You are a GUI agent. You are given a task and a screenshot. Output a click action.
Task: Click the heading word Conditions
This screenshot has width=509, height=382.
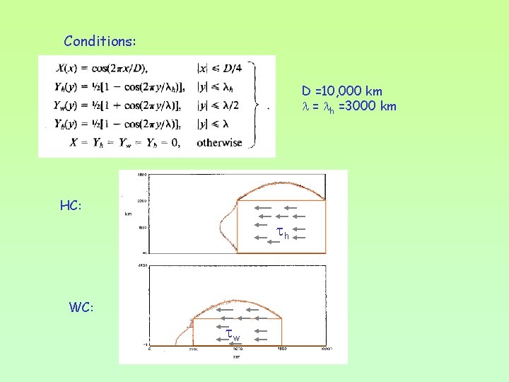point(100,41)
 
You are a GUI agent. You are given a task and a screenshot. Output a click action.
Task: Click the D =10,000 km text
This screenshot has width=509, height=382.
point(342,91)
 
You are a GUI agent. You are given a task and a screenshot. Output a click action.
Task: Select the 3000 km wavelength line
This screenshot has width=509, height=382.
point(349,107)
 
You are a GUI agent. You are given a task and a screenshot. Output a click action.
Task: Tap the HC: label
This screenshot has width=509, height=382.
point(71,206)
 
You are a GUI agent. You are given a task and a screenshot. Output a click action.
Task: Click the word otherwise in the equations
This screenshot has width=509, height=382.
point(219,142)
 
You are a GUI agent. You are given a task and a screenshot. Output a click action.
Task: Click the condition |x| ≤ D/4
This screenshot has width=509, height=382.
point(221,68)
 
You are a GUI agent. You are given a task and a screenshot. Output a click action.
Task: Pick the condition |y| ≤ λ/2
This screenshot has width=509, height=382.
point(221,105)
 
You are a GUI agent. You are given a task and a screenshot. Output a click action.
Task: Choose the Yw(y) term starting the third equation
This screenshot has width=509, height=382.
point(64,105)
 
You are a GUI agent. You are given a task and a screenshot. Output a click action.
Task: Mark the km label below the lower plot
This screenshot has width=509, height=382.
point(237,357)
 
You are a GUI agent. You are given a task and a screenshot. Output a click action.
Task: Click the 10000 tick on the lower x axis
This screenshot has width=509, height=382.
point(325,349)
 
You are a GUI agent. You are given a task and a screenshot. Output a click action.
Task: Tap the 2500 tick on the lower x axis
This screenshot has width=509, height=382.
point(192,349)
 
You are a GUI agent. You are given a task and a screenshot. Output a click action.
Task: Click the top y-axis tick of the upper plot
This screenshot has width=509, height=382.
point(141,174)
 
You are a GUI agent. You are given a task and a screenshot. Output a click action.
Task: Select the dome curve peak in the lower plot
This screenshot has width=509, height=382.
point(237,290)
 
